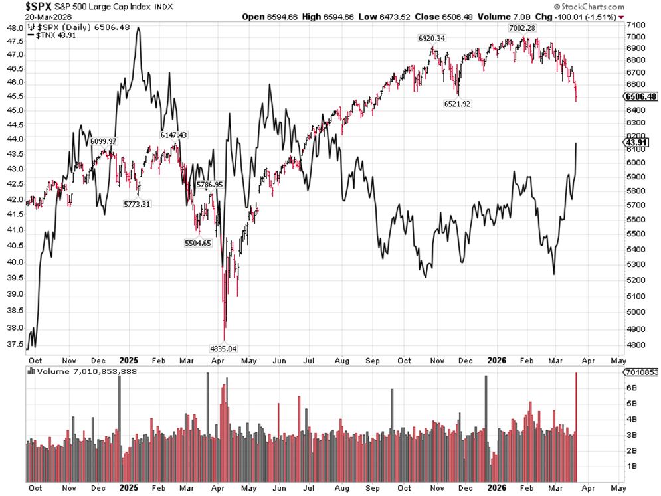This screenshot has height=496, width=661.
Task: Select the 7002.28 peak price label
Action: click(x=522, y=27)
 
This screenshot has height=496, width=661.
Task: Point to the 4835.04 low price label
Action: click(x=223, y=348)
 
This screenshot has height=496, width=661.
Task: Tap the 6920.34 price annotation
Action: click(x=432, y=38)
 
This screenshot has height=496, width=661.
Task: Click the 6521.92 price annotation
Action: click(x=457, y=104)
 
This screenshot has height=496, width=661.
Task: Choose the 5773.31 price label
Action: click(x=138, y=204)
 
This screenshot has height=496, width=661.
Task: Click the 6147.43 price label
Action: click(x=173, y=135)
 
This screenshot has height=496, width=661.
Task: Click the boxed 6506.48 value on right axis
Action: click(x=641, y=96)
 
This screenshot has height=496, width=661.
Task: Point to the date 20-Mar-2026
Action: click(x=25, y=17)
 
